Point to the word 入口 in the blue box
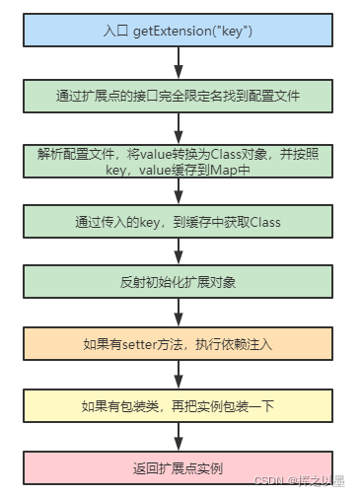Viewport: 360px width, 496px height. tap(115, 33)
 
